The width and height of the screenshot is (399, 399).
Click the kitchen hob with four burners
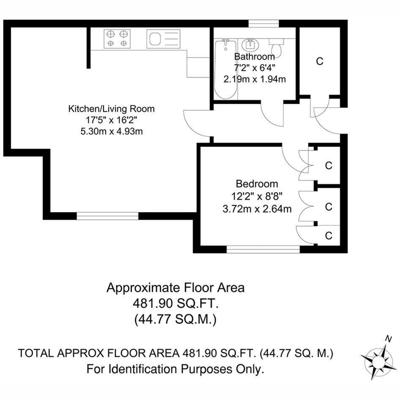(117, 39)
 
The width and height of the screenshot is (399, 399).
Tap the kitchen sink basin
(155, 39)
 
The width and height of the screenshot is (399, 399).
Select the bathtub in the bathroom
(225, 69)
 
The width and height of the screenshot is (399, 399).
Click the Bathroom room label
(254, 56)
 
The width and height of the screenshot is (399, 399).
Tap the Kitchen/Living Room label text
(111, 109)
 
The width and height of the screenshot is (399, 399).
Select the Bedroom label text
(257, 184)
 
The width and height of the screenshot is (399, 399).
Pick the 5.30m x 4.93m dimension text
(112, 131)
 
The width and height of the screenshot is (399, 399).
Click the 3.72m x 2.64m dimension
(257, 209)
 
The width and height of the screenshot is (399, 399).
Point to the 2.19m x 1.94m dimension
(254, 79)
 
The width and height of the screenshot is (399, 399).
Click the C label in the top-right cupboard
(320, 61)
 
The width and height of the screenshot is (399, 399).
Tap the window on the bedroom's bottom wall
(263, 249)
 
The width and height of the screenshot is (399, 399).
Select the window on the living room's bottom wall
(107, 216)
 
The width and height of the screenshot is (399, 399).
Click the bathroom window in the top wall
(264, 23)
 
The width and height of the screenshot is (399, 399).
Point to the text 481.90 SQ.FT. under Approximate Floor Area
(176, 304)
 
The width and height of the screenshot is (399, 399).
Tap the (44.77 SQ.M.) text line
(176, 320)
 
